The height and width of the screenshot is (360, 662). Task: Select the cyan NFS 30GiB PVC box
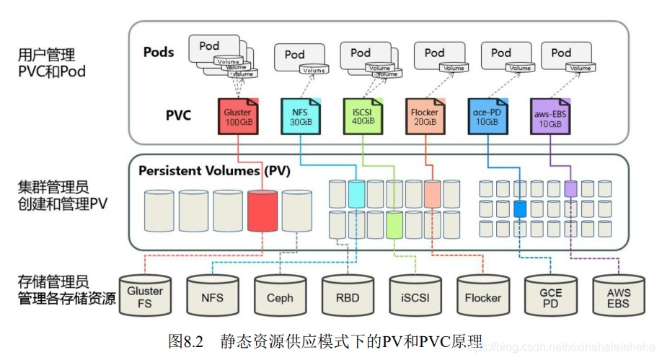tap(299, 115)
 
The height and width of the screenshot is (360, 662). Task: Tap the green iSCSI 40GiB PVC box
tap(362, 115)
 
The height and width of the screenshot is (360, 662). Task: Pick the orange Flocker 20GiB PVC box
tap(424, 115)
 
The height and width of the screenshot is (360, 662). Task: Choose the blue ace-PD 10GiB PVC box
tap(487, 115)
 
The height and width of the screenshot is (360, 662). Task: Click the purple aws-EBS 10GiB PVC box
tap(550, 115)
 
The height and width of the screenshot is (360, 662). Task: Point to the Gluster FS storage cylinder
tap(145, 294)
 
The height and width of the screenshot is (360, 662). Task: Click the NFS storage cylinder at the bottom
tap(212, 294)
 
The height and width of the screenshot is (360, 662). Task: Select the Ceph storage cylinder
tap(280, 294)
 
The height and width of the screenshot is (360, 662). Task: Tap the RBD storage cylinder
tap(348, 294)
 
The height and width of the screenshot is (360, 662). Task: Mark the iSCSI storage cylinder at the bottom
tap(415, 294)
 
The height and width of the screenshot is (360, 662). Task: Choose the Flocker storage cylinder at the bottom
tap(482, 294)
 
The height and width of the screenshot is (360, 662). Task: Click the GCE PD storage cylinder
tap(550, 294)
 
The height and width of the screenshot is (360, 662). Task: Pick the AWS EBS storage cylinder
tap(618, 294)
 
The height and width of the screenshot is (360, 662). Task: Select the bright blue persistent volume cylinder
tap(521, 210)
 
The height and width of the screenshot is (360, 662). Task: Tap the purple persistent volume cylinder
tap(570, 189)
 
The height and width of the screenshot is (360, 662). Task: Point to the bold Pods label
tap(159, 52)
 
